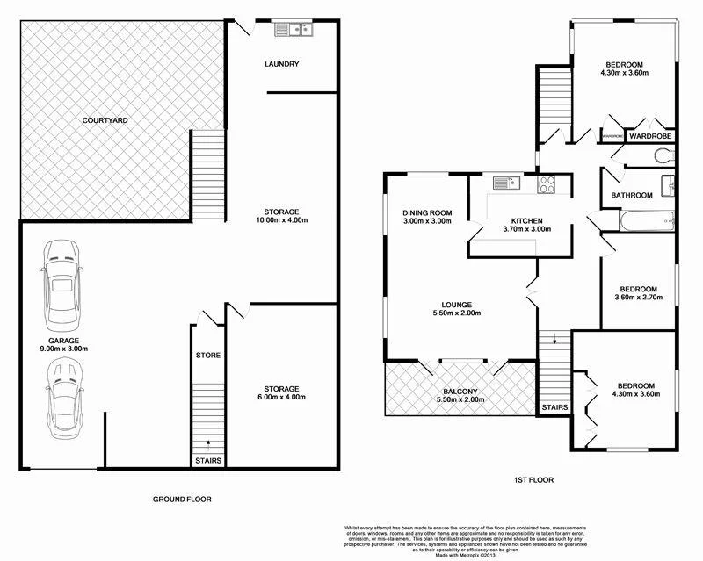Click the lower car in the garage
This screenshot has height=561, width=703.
click(62, 400)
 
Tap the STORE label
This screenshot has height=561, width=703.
click(208, 356)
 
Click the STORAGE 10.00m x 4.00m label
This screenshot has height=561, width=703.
click(282, 216)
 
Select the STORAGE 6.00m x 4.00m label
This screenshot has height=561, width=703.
click(282, 392)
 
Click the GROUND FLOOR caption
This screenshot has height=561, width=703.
click(182, 499)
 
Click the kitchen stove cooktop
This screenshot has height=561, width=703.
click(547, 184)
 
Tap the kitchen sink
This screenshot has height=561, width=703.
click(505, 183)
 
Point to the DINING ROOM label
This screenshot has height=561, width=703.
click(427, 217)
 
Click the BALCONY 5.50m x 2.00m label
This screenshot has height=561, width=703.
click(461, 395)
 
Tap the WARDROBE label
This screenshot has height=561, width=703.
click(650, 136)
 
